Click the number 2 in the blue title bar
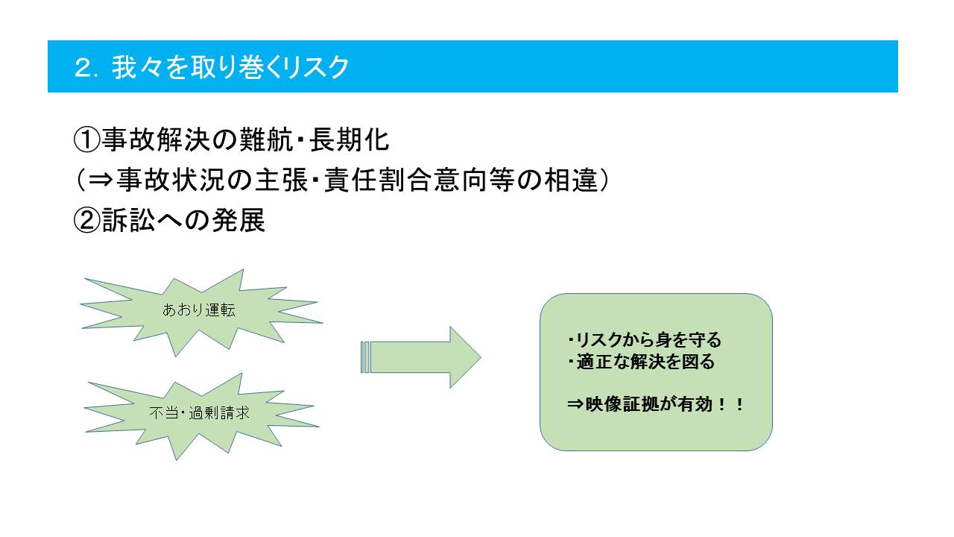click(x=82, y=68)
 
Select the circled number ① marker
click(x=87, y=139)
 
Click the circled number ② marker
click(x=87, y=220)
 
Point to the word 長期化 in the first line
click(x=350, y=139)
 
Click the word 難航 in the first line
click(x=266, y=139)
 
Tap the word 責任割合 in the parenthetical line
click(x=378, y=180)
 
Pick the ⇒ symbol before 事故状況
click(x=101, y=180)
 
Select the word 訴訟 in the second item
click(x=129, y=220)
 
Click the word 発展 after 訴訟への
click(x=238, y=220)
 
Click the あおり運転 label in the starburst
click(x=198, y=310)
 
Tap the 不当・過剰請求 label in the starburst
click(x=199, y=413)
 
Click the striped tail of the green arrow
click(x=365, y=357)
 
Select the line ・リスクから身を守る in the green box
click(x=645, y=339)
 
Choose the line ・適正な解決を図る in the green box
click(x=642, y=362)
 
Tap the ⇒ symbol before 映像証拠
click(x=575, y=404)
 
